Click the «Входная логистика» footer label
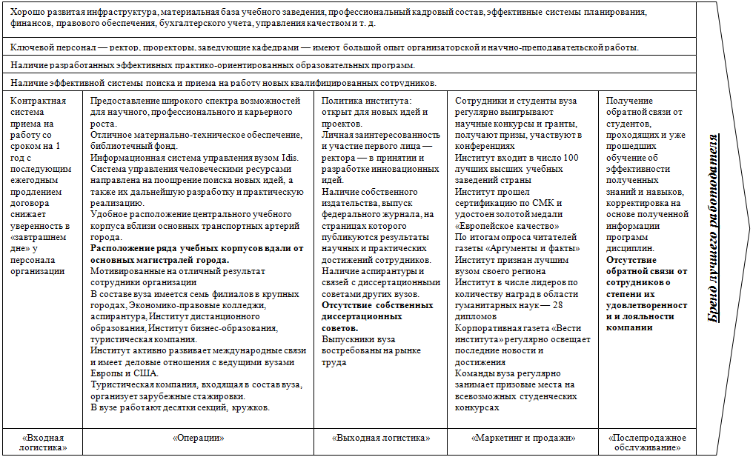[43, 442]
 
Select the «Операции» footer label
[198, 438]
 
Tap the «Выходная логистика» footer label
[381, 438]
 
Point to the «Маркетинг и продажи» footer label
[523, 438]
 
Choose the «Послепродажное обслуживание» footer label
[647, 442]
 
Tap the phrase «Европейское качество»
[508, 226]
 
